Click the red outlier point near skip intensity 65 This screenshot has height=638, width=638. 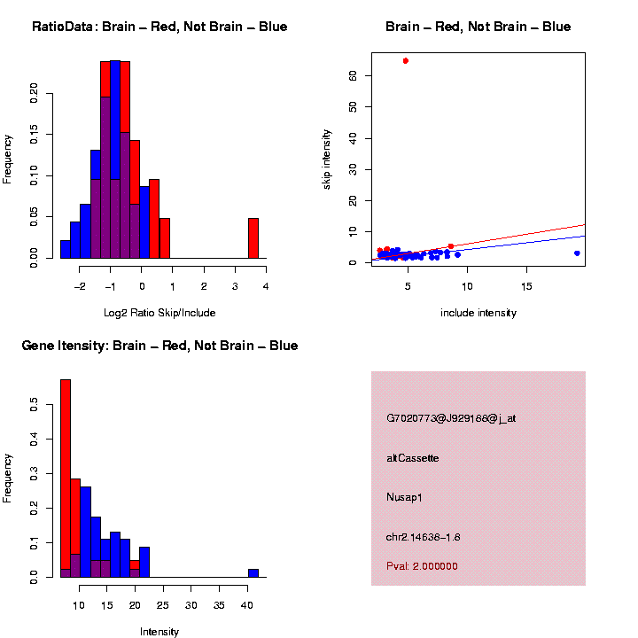(x=405, y=60)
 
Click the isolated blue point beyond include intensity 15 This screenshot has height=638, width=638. (x=576, y=253)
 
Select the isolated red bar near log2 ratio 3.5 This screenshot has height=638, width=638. (x=253, y=237)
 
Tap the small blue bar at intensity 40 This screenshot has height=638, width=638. (x=253, y=572)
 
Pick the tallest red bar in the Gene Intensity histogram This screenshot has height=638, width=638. (x=65, y=478)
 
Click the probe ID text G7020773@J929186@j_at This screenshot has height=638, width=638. (x=451, y=418)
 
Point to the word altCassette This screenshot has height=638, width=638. (x=413, y=458)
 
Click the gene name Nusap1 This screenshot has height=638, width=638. (x=405, y=497)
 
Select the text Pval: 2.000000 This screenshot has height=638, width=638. (x=422, y=566)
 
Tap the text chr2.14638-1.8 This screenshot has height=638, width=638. (x=424, y=537)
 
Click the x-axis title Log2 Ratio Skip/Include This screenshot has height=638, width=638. (x=159, y=313)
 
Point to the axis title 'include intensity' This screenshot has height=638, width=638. (x=478, y=313)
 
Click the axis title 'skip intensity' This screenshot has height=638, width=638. (x=327, y=158)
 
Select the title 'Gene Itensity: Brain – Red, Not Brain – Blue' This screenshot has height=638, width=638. (x=159, y=346)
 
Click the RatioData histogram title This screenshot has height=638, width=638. (x=159, y=27)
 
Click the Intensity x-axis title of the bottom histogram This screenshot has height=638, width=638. (x=159, y=632)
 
